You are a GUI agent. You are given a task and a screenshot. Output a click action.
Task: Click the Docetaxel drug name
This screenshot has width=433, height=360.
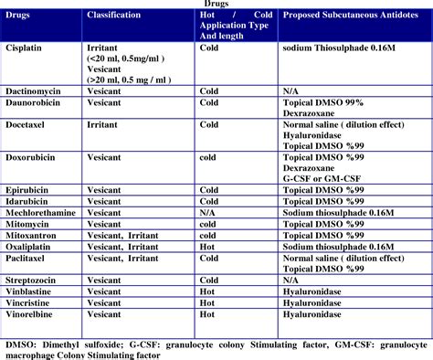pyautogui.click(x=31, y=124)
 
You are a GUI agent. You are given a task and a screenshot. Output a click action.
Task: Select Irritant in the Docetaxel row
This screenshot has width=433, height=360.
pyautogui.click(x=106, y=124)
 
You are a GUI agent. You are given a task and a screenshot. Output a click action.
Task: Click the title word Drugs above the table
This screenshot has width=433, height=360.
pyautogui.click(x=216, y=5)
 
